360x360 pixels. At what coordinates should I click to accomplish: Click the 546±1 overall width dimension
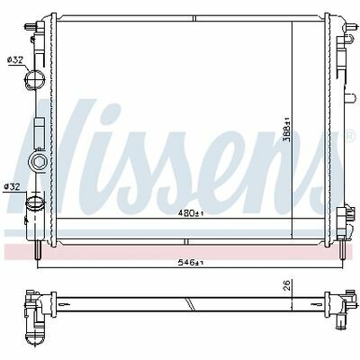point(191,263)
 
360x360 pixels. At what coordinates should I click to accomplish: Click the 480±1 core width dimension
point(191,213)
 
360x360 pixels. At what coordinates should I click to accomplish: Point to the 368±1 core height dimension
point(287,130)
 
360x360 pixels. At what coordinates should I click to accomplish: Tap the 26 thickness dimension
point(287,285)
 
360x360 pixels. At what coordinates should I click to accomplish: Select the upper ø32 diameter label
point(15,60)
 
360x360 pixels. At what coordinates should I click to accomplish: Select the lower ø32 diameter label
point(12,187)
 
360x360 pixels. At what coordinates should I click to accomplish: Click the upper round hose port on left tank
point(35,78)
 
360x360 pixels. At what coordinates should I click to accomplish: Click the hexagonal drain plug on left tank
point(38,162)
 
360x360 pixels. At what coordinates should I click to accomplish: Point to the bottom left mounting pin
point(38,250)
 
